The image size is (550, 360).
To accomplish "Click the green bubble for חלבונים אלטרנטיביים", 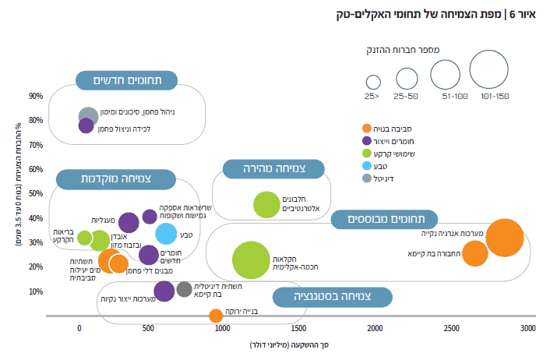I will pyautogui.click(x=266, y=205).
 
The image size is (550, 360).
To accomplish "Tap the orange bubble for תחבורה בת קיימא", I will pyautogui.click(x=474, y=253).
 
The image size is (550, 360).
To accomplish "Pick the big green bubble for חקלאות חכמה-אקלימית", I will pyautogui.click(x=251, y=260).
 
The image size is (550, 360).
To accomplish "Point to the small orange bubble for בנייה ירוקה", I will pyautogui.click(x=216, y=316).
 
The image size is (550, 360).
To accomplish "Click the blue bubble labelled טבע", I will pyautogui.click(x=166, y=233).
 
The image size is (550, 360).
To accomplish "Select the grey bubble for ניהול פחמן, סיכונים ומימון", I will pyautogui.click(x=89, y=116).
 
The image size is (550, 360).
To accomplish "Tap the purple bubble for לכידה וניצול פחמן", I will pyautogui.click(x=86, y=125).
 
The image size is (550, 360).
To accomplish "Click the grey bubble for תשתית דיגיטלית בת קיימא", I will pyautogui.click(x=184, y=289).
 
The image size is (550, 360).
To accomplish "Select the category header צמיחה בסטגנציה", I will pyautogui.click(x=333, y=298).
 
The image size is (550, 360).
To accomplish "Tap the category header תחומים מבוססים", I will pyautogui.click(x=384, y=219).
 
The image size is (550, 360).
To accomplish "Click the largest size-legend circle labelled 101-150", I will pyautogui.click(x=489, y=70).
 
